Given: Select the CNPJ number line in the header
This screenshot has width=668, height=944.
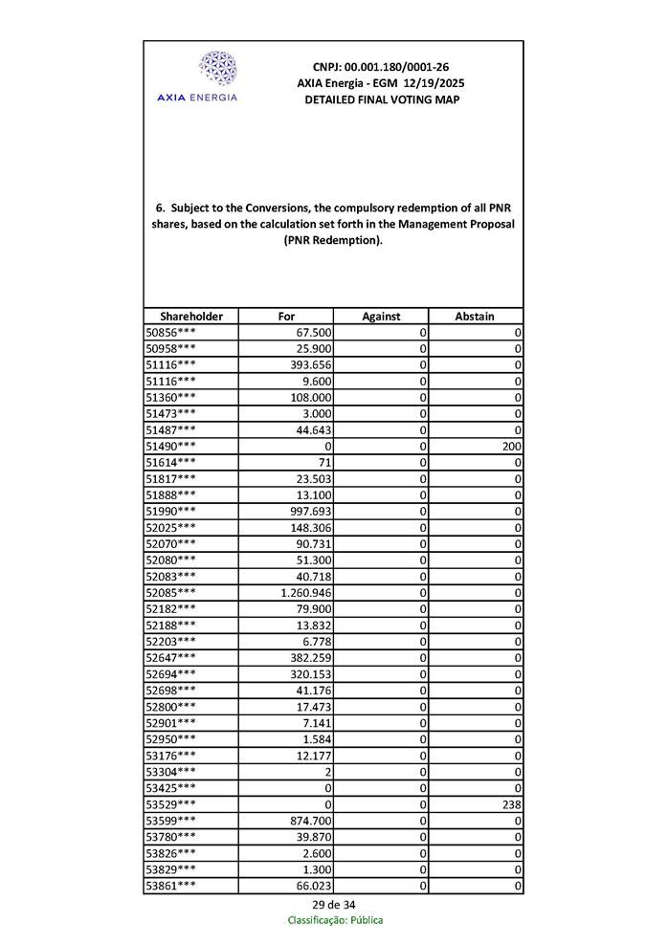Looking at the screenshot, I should point(381,67).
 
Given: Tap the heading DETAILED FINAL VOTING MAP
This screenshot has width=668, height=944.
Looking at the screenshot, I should point(381,99).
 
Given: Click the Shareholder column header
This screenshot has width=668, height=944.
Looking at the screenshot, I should point(190,317).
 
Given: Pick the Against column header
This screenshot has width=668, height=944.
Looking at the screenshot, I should point(380,317).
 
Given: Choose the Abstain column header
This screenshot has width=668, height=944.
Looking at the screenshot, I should point(475,317).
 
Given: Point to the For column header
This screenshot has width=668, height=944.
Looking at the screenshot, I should point(285,317).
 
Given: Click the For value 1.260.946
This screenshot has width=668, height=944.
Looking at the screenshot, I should point(305,592).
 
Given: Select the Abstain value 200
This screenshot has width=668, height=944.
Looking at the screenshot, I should point(510,446).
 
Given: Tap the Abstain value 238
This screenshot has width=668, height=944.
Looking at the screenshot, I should point(510,805).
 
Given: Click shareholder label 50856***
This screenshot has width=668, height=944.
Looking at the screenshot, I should point(170,332).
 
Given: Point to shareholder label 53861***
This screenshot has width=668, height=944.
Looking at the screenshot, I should point(170,887).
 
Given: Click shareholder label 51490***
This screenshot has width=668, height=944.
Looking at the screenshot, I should point(170,446).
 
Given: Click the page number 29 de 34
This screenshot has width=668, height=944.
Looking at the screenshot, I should point(334,905).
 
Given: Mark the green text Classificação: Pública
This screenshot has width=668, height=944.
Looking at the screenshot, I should point(335,921).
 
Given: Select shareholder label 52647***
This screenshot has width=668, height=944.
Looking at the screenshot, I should point(170,657).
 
